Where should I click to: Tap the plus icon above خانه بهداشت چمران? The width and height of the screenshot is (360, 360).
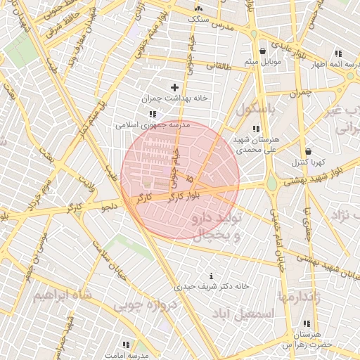pyautogui.click(x=174, y=87)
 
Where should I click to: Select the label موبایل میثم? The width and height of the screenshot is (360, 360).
pyautogui.click(x=262, y=63)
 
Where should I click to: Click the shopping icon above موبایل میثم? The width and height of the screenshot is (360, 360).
pyautogui.click(x=262, y=51)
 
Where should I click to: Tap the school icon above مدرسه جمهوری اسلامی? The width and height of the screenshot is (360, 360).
pyautogui.click(x=151, y=114)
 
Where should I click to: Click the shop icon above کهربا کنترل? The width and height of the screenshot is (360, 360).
pyautogui.click(x=308, y=151)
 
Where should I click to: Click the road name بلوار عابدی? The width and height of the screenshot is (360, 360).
pyautogui.click(x=290, y=49)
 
